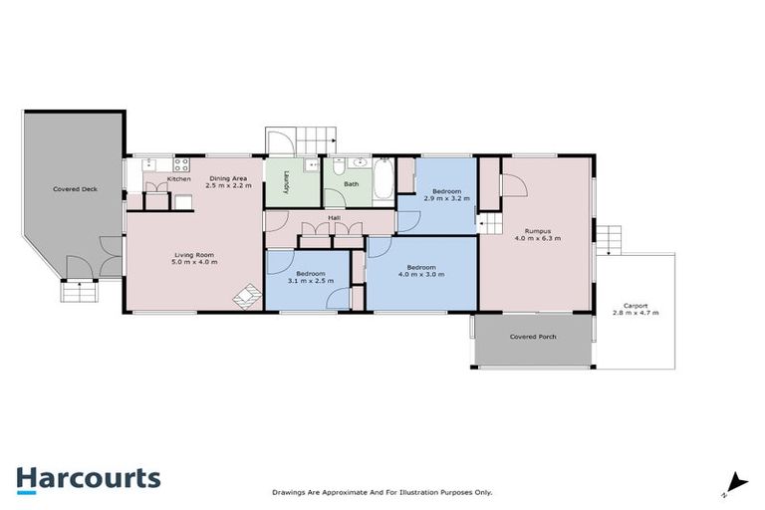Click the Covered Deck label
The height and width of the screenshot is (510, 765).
pos(75,188)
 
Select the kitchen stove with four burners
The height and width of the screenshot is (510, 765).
pos(182,165)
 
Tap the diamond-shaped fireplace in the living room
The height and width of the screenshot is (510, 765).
pos(242,296)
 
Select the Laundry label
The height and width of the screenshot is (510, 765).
pos(285,183)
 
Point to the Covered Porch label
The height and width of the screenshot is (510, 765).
pos(533,338)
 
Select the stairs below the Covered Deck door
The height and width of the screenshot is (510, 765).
pos(75,293)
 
